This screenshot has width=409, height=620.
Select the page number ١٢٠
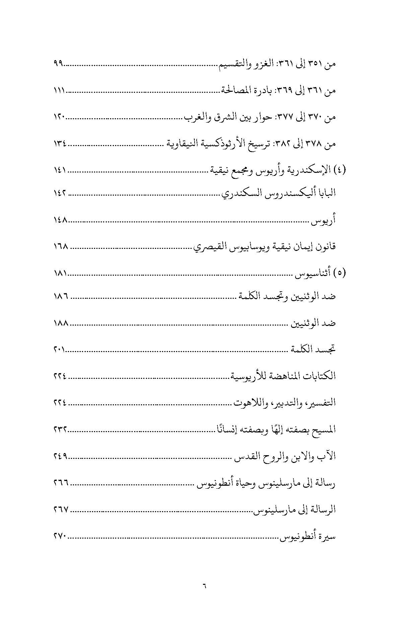(x=59, y=117)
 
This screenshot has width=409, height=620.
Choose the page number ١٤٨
(x=61, y=220)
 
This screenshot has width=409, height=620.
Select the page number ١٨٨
(x=61, y=323)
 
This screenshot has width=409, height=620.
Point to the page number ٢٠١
(x=59, y=350)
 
